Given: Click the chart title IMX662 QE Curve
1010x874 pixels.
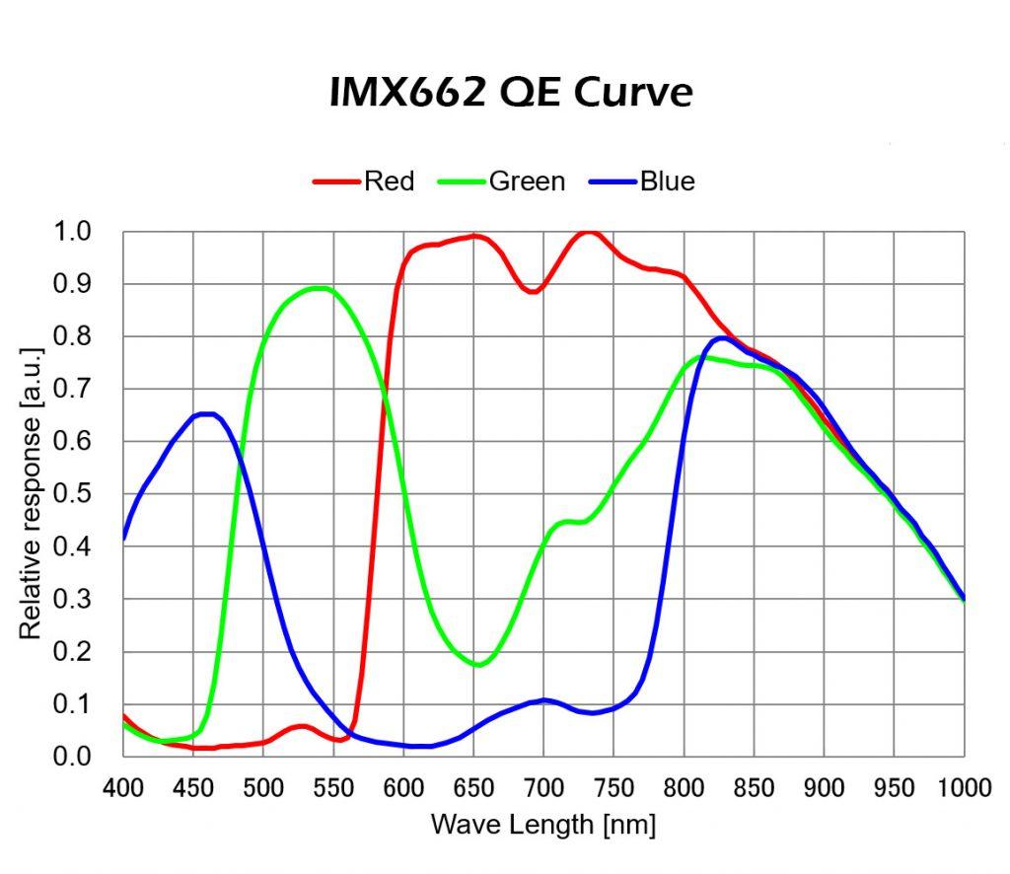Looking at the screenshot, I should tap(511, 93).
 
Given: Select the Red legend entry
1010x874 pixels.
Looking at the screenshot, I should tap(389, 182).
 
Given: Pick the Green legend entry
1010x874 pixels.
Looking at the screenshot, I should tap(527, 182).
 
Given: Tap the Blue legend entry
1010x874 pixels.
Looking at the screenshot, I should tap(667, 182).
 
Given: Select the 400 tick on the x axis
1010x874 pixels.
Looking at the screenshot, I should tap(123, 787).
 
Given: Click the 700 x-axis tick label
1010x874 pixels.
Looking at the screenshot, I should tap(543, 787).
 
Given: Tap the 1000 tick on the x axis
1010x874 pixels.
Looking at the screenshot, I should tap(963, 787).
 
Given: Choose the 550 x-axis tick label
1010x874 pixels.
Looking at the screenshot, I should tap(333, 787).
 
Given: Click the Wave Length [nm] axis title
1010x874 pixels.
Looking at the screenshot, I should tap(542, 824).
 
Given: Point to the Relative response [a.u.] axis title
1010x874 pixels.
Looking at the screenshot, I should tap(32, 493).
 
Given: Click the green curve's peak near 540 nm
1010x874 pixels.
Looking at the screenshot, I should tap(320, 288).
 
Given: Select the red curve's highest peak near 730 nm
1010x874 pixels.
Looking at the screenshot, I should tap(588, 233).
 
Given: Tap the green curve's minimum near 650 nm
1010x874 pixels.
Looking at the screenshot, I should tap(478, 665).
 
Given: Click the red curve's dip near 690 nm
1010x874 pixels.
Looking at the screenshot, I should tap(533, 292).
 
